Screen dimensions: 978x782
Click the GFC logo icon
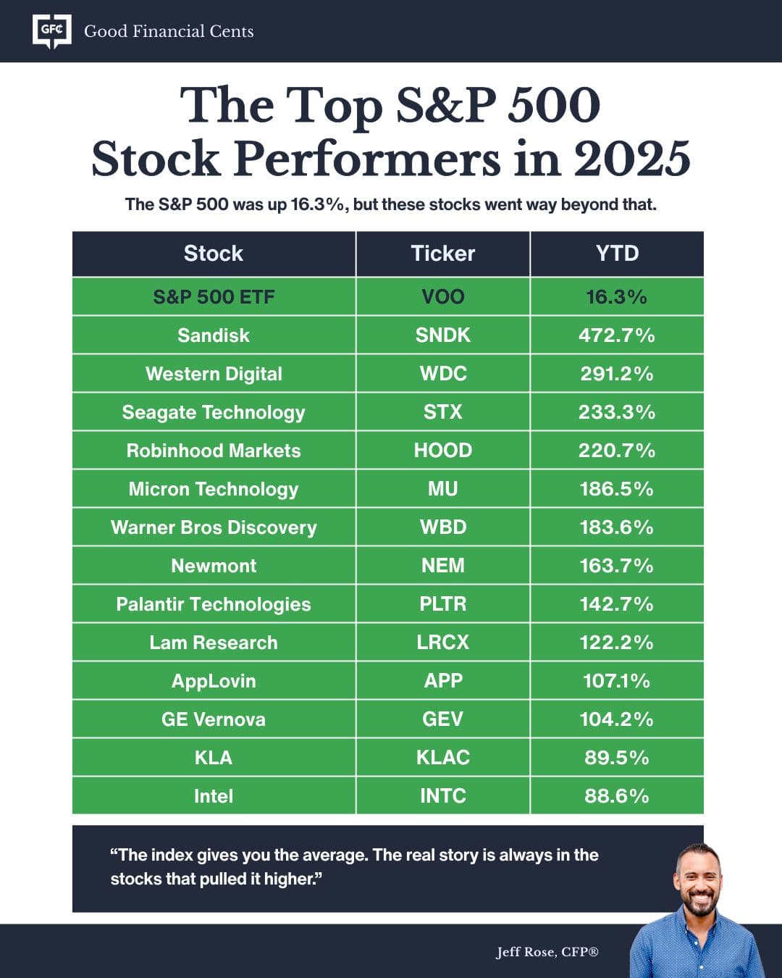point(52,31)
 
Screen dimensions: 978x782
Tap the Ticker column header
point(442,254)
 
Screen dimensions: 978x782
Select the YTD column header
point(617,254)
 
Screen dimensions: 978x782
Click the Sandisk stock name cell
point(214,335)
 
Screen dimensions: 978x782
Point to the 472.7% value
point(617,335)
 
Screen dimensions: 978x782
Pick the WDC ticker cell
point(442,374)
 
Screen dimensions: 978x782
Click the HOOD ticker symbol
point(442,451)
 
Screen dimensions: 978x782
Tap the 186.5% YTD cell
point(617,489)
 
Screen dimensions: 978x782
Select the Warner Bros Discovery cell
point(214,527)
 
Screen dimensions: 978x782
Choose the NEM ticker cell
point(442,566)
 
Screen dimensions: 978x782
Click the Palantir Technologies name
point(214,604)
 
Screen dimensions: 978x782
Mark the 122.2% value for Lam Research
point(617,643)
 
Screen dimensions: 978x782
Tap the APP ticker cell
point(442,681)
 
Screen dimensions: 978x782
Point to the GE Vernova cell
point(214,719)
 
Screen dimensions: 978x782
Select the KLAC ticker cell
point(442,758)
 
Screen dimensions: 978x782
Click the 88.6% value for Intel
point(617,796)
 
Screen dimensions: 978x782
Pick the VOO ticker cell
point(442,297)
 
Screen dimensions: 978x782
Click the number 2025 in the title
point(632,159)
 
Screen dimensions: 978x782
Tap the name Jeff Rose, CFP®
point(547,952)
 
